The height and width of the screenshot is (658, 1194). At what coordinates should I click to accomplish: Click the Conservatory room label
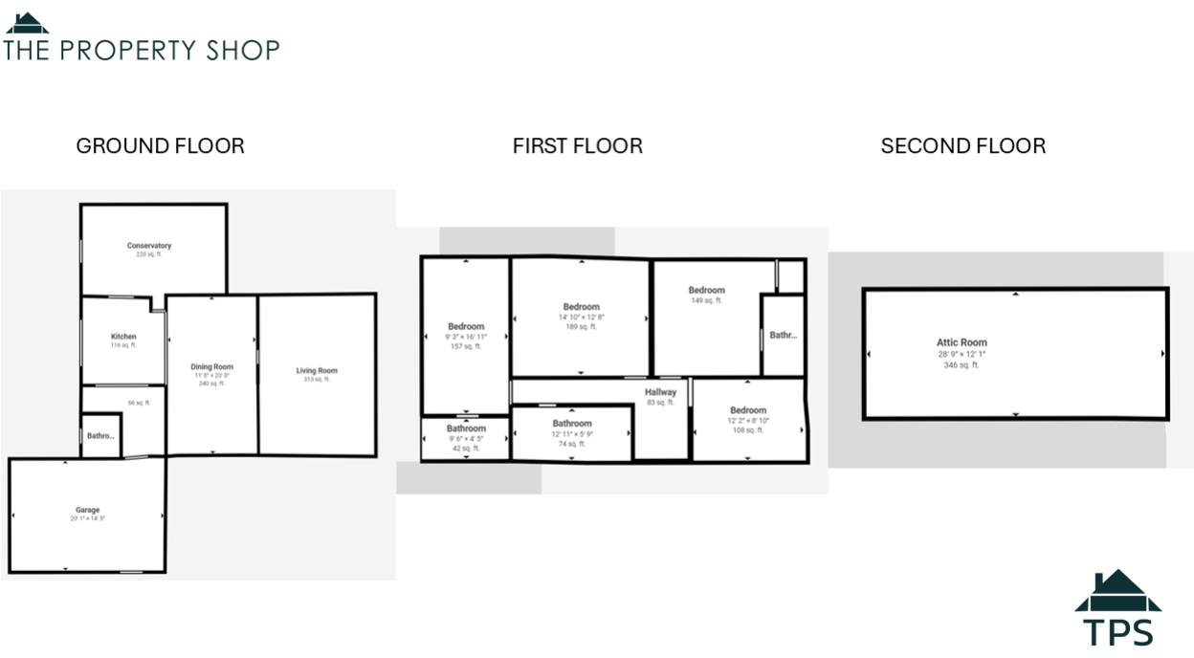point(149,246)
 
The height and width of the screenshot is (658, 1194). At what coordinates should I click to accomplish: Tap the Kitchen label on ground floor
point(123,337)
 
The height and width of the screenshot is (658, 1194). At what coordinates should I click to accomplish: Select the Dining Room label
point(211,367)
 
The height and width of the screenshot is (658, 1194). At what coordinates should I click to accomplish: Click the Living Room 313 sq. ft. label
point(317,371)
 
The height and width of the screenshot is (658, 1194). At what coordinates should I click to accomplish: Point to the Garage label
point(87,511)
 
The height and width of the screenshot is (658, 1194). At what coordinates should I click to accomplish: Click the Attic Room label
point(962,342)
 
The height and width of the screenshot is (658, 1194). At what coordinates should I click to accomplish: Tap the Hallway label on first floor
point(660,392)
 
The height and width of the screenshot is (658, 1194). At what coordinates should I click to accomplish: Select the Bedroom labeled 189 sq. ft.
point(581,307)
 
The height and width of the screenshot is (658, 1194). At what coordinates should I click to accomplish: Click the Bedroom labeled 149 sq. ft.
point(706,290)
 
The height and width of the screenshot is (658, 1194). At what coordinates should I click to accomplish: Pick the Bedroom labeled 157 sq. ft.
point(466,326)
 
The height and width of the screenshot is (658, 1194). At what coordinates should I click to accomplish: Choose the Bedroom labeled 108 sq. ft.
point(748,410)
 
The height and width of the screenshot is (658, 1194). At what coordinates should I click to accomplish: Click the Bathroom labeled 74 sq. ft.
point(572,423)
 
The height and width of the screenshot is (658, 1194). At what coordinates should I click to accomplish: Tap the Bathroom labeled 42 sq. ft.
point(466,428)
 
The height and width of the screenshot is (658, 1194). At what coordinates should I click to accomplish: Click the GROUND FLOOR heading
point(160,146)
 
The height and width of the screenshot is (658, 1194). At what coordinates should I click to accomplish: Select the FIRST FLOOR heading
point(577,146)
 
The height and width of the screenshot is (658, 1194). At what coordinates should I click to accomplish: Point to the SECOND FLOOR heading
point(962,146)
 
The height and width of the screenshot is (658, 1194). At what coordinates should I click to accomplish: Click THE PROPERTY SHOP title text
point(142,50)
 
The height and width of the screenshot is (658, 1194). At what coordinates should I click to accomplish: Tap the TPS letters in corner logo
point(1118,632)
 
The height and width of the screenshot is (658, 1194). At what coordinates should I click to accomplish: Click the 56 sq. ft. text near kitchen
point(139,403)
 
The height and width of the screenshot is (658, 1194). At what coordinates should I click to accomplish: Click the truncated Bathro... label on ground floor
point(100,436)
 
